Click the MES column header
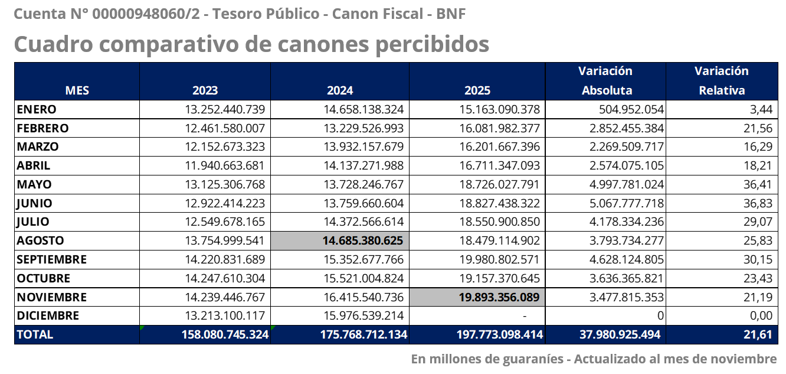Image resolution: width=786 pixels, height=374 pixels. click(x=77, y=90)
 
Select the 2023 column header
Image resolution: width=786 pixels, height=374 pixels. click(x=205, y=90)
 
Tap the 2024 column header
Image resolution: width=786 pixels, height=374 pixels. click(x=340, y=90)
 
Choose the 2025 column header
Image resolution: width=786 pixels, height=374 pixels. click(x=477, y=90)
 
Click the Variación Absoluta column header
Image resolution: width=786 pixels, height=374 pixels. click(x=605, y=81)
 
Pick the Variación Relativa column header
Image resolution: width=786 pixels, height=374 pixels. click(x=722, y=81)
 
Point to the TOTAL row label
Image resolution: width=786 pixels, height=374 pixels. click(x=35, y=334)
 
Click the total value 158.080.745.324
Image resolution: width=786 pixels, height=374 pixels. click(x=225, y=334)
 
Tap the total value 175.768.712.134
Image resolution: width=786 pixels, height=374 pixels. click(x=363, y=334)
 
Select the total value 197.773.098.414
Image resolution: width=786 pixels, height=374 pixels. click(x=499, y=334)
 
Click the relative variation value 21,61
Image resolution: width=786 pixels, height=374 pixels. click(x=758, y=334)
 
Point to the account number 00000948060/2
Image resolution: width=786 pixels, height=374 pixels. click(x=146, y=14)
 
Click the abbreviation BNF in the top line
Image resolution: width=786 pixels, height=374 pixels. click(x=451, y=14)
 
